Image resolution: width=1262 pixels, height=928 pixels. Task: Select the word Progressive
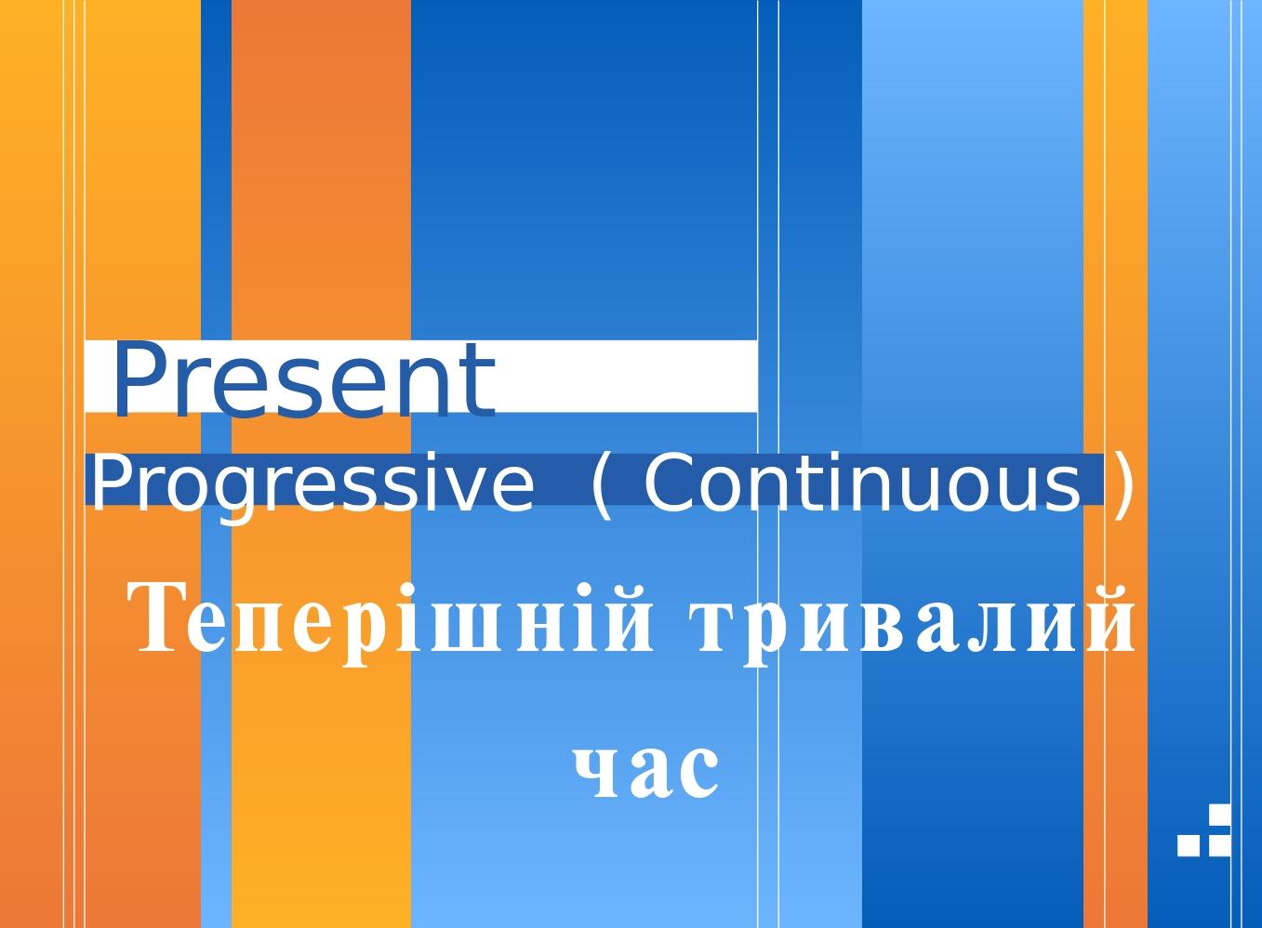tap(311, 484)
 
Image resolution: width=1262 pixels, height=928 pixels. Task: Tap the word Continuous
tap(862, 484)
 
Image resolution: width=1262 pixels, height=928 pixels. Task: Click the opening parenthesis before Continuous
tap(603, 484)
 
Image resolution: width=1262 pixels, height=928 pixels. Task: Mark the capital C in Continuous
tap(670, 484)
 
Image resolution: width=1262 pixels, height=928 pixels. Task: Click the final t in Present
tap(478, 379)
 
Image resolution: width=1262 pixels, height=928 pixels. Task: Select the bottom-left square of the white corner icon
tap(1189, 844)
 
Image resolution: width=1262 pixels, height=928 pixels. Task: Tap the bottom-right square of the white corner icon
tap(1218, 844)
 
